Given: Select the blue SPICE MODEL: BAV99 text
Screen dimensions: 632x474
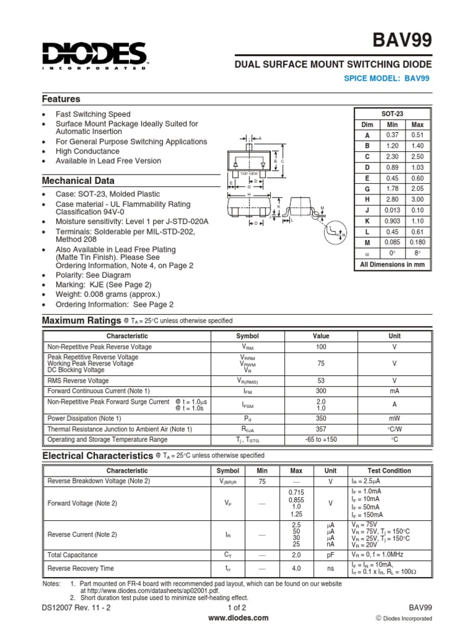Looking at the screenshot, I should pos(386,78).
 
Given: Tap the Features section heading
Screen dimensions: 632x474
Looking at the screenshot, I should pos(60,99).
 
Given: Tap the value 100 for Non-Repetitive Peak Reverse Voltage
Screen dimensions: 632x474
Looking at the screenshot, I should pos(320,347).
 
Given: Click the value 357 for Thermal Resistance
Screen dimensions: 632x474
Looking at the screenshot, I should pos(320,429).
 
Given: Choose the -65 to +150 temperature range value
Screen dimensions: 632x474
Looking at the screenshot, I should pos(320,439).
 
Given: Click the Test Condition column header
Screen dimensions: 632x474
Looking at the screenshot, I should pos(389,470).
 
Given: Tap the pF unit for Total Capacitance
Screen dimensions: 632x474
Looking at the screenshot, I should pos(330,555).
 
